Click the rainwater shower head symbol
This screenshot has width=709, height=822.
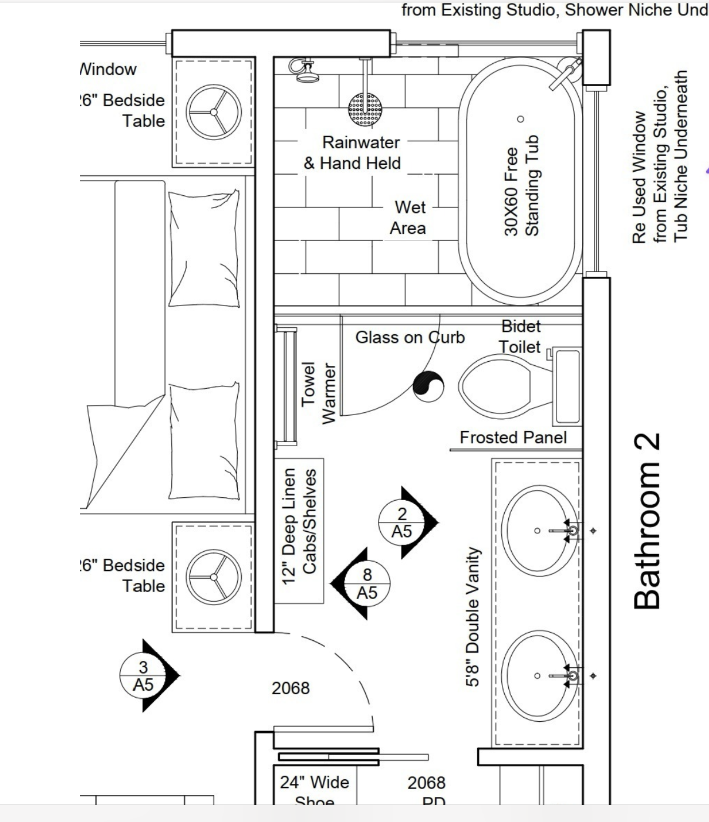pos(365,109)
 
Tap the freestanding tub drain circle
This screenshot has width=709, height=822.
pos(520,119)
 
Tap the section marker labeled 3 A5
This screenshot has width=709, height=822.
pos(144,675)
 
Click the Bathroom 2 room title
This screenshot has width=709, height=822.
pos(647,521)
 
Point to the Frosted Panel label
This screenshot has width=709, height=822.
pos(513,437)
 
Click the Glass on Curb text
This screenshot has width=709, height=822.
pos(410,337)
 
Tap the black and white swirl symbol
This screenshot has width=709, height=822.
pos(428,386)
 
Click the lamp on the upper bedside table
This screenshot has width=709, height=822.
pos(214,112)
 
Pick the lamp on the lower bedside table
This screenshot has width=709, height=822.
pos(214,577)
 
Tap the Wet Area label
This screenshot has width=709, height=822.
pos(409,218)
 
